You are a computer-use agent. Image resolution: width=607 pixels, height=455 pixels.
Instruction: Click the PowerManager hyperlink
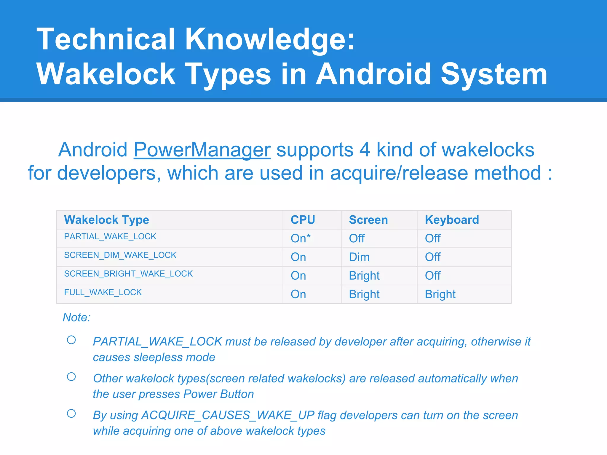coord(202,150)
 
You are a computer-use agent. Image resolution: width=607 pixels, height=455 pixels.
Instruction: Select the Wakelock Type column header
coord(106,220)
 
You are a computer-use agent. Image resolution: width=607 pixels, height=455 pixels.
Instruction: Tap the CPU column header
coord(303,220)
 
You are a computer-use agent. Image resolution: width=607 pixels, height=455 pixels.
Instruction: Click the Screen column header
coord(368,220)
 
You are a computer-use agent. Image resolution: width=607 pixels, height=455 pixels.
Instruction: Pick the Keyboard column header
coord(452,220)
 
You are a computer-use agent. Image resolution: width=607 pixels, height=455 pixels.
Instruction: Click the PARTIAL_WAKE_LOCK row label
coord(110,236)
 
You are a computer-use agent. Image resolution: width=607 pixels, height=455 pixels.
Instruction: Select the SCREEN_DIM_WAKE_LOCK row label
coord(120,255)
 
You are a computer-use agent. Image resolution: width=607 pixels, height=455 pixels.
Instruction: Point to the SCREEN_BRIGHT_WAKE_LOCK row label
coord(128,274)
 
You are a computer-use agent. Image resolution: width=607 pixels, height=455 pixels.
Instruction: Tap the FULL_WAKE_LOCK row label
coord(103,292)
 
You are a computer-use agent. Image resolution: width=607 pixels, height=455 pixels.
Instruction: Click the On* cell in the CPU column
coord(300,238)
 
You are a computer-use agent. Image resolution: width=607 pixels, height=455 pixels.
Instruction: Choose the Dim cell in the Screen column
coord(359,257)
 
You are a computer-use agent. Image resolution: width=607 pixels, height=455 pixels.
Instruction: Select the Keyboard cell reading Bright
coord(440,294)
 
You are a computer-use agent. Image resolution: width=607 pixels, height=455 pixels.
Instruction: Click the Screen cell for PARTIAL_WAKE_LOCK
coord(357,238)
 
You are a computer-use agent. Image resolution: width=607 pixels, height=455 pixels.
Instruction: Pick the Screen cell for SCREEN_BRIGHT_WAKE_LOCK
coord(364,276)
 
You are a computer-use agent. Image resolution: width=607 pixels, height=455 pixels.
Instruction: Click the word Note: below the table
coord(76,318)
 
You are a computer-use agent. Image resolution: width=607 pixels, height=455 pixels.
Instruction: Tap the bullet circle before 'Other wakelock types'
coord(71,377)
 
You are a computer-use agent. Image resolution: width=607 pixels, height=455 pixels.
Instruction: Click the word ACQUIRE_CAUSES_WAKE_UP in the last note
coord(228,415)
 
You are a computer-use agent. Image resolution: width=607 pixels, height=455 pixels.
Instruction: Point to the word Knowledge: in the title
coord(270,39)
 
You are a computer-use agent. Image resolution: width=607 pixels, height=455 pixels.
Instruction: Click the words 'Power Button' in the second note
coord(218,394)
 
